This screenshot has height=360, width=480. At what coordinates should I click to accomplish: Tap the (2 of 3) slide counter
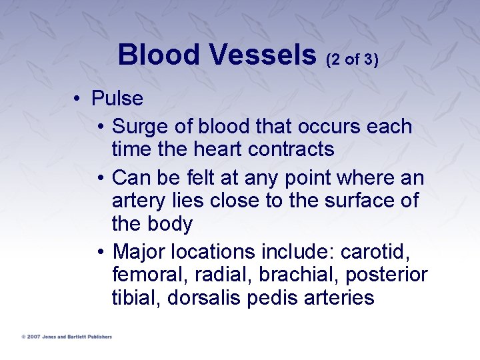(x=352, y=60)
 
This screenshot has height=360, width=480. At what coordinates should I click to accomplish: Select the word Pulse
(x=117, y=99)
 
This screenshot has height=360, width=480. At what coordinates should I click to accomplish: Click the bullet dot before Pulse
(x=78, y=99)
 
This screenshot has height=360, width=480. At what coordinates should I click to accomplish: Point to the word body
(x=169, y=223)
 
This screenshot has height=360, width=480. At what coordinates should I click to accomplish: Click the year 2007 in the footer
(x=33, y=337)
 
